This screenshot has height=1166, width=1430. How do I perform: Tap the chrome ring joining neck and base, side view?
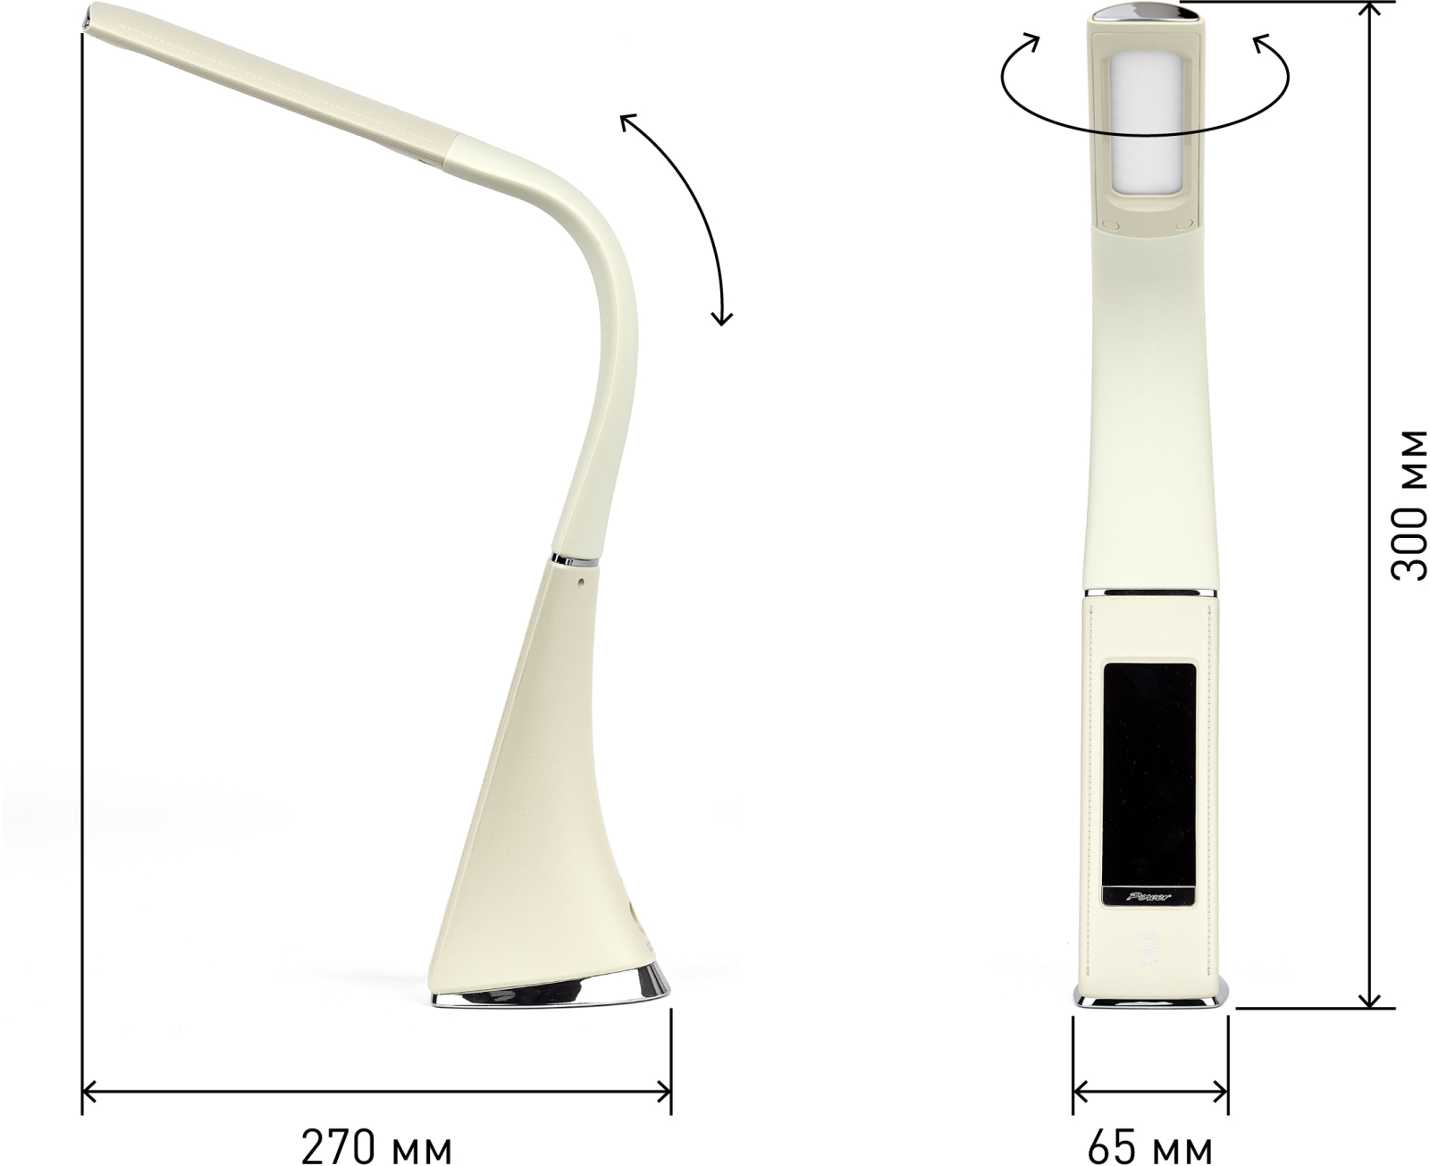[574, 560]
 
